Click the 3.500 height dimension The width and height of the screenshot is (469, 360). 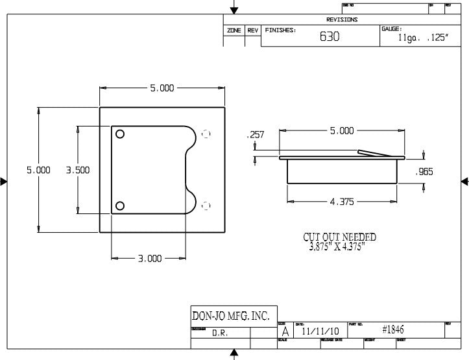[78, 170]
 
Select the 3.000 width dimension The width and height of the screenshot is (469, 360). [149, 258]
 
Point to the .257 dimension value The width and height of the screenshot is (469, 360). [256, 135]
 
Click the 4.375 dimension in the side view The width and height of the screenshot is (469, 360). [342, 202]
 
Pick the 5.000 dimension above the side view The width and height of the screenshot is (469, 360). [342, 130]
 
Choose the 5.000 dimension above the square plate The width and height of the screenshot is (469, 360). [162, 88]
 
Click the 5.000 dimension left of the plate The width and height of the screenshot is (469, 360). [38, 170]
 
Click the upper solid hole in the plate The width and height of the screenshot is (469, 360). [120, 134]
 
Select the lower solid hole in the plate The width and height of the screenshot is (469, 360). [120, 206]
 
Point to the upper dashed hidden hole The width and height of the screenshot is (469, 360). [206, 134]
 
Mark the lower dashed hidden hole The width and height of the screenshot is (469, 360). [206, 206]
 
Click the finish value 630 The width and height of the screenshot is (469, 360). [329, 37]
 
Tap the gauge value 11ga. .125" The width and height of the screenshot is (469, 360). [422, 38]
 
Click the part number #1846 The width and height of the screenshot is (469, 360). [393, 330]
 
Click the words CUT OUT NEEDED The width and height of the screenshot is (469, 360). [339, 237]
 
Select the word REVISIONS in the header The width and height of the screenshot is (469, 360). [342, 20]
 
